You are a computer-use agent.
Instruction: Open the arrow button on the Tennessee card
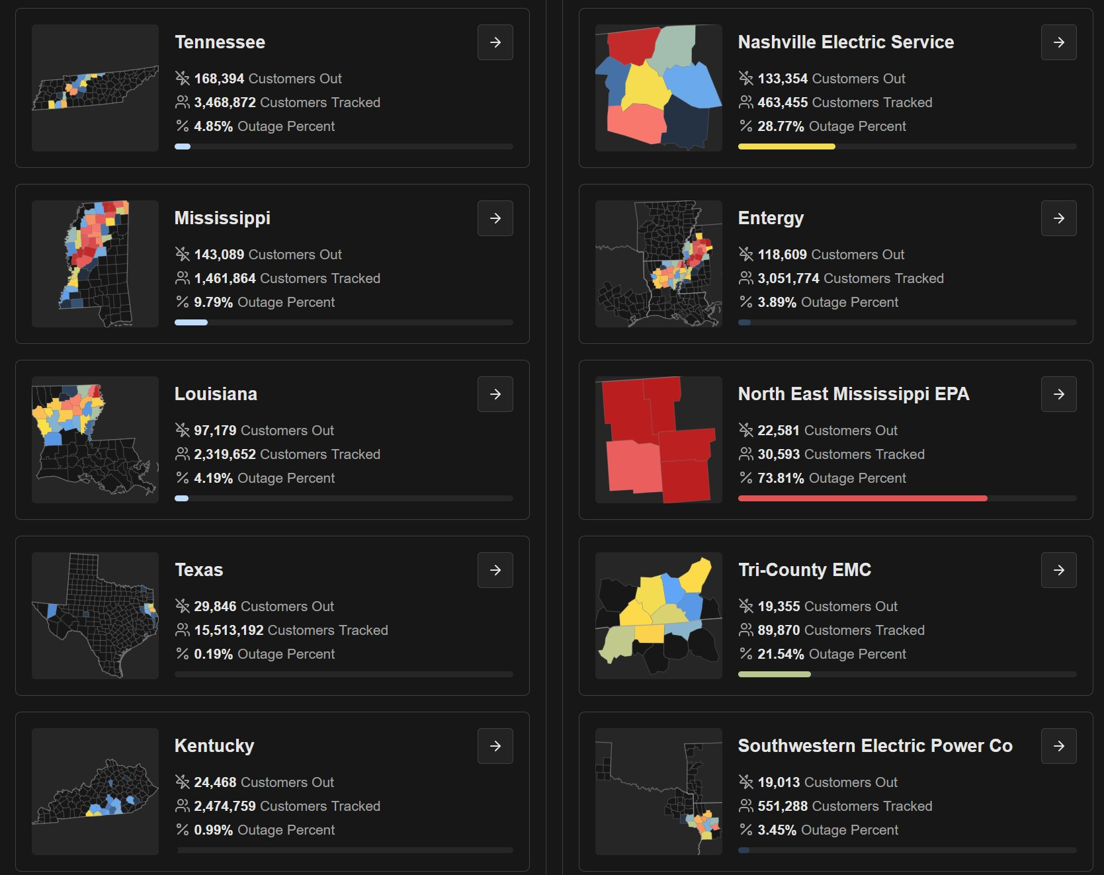click(x=495, y=42)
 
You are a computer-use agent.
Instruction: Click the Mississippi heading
click(x=222, y=218)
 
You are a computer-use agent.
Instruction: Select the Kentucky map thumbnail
click(x=95, y=791)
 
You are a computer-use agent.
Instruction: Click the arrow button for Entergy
click(x=1058, y=218)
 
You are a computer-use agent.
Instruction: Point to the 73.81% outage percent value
click(x=781, y=478)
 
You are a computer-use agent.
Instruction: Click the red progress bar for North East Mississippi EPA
click(x=862, y=498)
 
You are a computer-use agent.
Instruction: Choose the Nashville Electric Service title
click(x=845, y=42)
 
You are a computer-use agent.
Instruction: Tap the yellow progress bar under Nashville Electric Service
click(x=786, y=146)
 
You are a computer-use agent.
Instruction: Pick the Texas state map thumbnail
click(x=95, y=615)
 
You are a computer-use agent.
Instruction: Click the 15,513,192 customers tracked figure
click(x=229, y=630)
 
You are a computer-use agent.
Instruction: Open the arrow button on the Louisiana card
click(x=495, y=394)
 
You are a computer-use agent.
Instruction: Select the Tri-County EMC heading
click(x=804, y=570)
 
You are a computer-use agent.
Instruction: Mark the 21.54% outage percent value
click(x=781, y=654)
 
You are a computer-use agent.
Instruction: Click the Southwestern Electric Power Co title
click(x=874, y=746)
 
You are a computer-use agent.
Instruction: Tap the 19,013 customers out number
click(x=779, y=782)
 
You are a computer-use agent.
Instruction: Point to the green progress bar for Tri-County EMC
click(x=774, y=674)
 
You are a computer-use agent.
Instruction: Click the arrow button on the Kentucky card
click(x=495, y=746)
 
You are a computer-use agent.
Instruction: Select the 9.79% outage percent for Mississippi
click(x=213, y=302)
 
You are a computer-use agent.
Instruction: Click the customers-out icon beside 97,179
click(x=183, y=431)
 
